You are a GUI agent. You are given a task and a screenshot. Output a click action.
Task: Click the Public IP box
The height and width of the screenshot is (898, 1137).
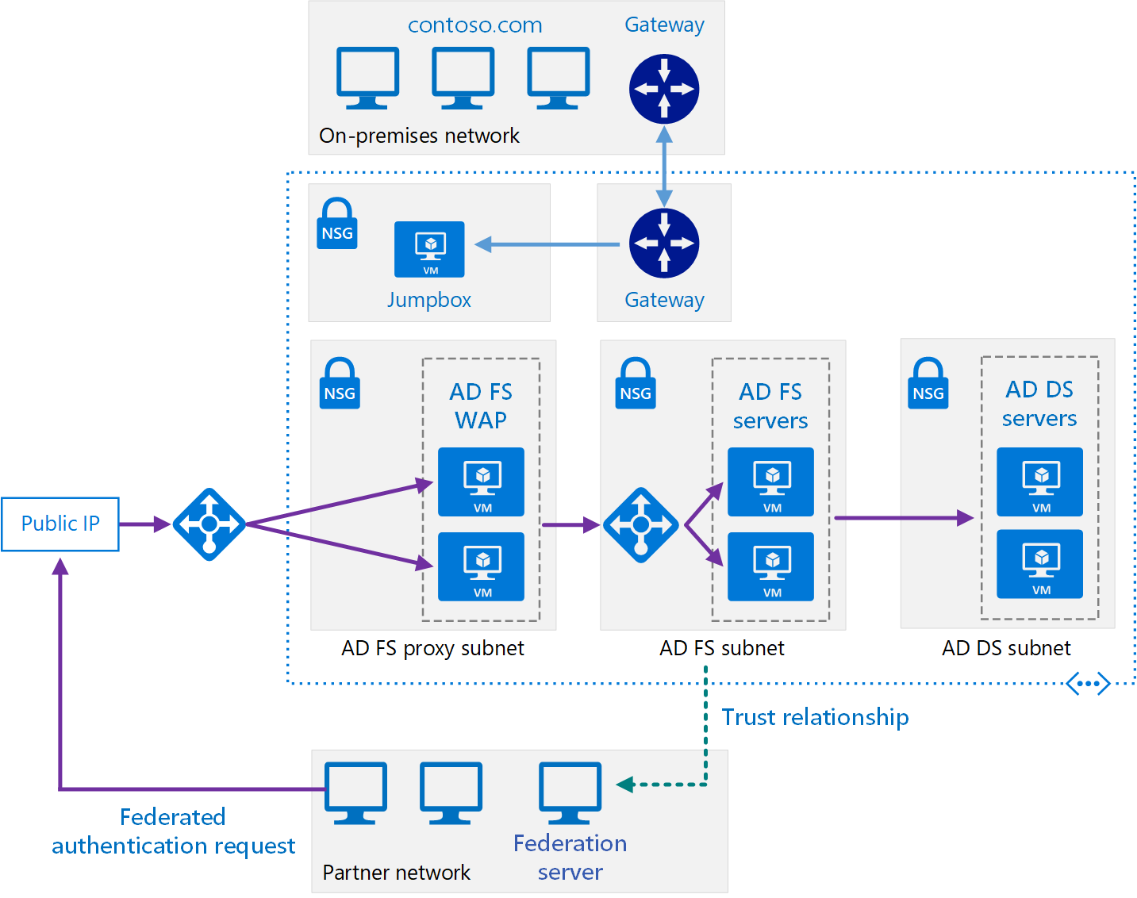(60, 524)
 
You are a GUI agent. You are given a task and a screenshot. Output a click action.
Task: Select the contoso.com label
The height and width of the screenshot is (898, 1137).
(474, 25)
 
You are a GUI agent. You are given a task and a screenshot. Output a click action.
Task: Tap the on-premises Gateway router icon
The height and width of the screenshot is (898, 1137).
(664, 89)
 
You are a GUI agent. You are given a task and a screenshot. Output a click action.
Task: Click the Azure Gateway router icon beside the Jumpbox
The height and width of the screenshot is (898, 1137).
(664, 243)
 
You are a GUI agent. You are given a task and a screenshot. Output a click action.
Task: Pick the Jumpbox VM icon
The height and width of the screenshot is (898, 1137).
(429, 249)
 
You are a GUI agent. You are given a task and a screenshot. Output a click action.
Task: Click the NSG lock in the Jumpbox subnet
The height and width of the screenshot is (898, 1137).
(337, 224)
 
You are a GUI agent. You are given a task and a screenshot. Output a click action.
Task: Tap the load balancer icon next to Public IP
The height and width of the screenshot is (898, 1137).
(209, 524)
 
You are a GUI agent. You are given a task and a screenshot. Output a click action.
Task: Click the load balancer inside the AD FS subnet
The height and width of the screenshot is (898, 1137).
(640, 525)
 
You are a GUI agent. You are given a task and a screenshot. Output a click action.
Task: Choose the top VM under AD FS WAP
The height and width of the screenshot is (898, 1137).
(482, 482)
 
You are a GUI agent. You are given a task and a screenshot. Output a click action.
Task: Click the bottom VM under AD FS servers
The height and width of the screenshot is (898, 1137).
(770, 566)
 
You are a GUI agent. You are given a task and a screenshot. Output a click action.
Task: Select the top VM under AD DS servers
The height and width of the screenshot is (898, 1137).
(1039, 482)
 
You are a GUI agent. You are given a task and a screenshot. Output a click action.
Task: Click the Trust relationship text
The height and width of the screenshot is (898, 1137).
(815, 717)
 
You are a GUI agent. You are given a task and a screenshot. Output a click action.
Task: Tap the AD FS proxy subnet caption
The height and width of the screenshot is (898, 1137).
(432, 648)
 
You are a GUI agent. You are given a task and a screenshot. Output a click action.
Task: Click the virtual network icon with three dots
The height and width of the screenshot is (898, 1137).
(1087, 683)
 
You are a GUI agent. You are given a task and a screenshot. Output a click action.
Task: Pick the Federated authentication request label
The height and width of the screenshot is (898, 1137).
(173, 831)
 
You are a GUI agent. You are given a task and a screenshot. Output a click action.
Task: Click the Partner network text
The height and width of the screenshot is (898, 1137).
(396, 873)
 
